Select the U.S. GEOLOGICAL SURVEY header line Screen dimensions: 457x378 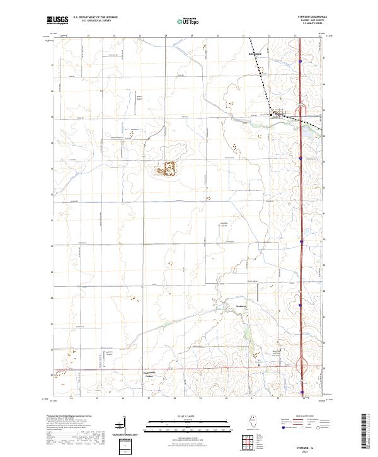tap(91, 22)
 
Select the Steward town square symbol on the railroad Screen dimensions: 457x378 tap(272, 115)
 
